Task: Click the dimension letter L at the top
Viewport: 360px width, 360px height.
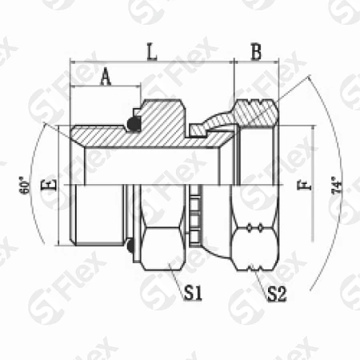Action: (152, 51)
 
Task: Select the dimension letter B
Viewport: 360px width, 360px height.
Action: (257, 51)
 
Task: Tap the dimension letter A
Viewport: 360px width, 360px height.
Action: (106, 77)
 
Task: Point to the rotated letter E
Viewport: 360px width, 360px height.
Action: (49, 185)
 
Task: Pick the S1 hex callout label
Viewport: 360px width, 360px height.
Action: (194, 293)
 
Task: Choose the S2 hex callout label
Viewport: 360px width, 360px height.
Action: (278, 294)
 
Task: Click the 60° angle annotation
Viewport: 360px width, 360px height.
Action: (25, 185)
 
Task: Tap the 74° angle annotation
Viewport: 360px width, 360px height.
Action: (337, 185)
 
